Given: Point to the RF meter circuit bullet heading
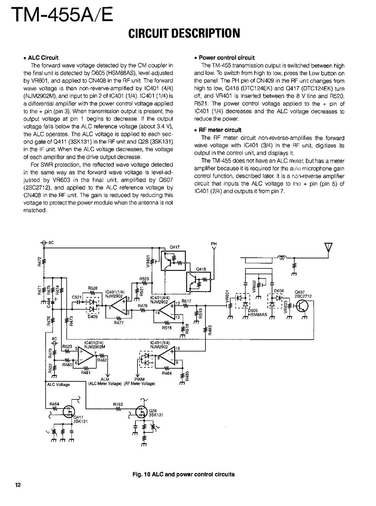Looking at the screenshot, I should (220, 130).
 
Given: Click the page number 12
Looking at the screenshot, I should (17, 484).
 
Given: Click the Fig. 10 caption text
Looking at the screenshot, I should (184, 474).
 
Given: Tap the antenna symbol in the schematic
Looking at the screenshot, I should (328, 248).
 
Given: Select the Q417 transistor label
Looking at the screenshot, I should (174, 247).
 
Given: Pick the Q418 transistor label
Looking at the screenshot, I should (201, 269).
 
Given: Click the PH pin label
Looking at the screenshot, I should (214, 244).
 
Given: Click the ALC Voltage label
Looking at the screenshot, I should (58, 384).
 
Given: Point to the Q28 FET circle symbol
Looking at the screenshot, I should (141, 411).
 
